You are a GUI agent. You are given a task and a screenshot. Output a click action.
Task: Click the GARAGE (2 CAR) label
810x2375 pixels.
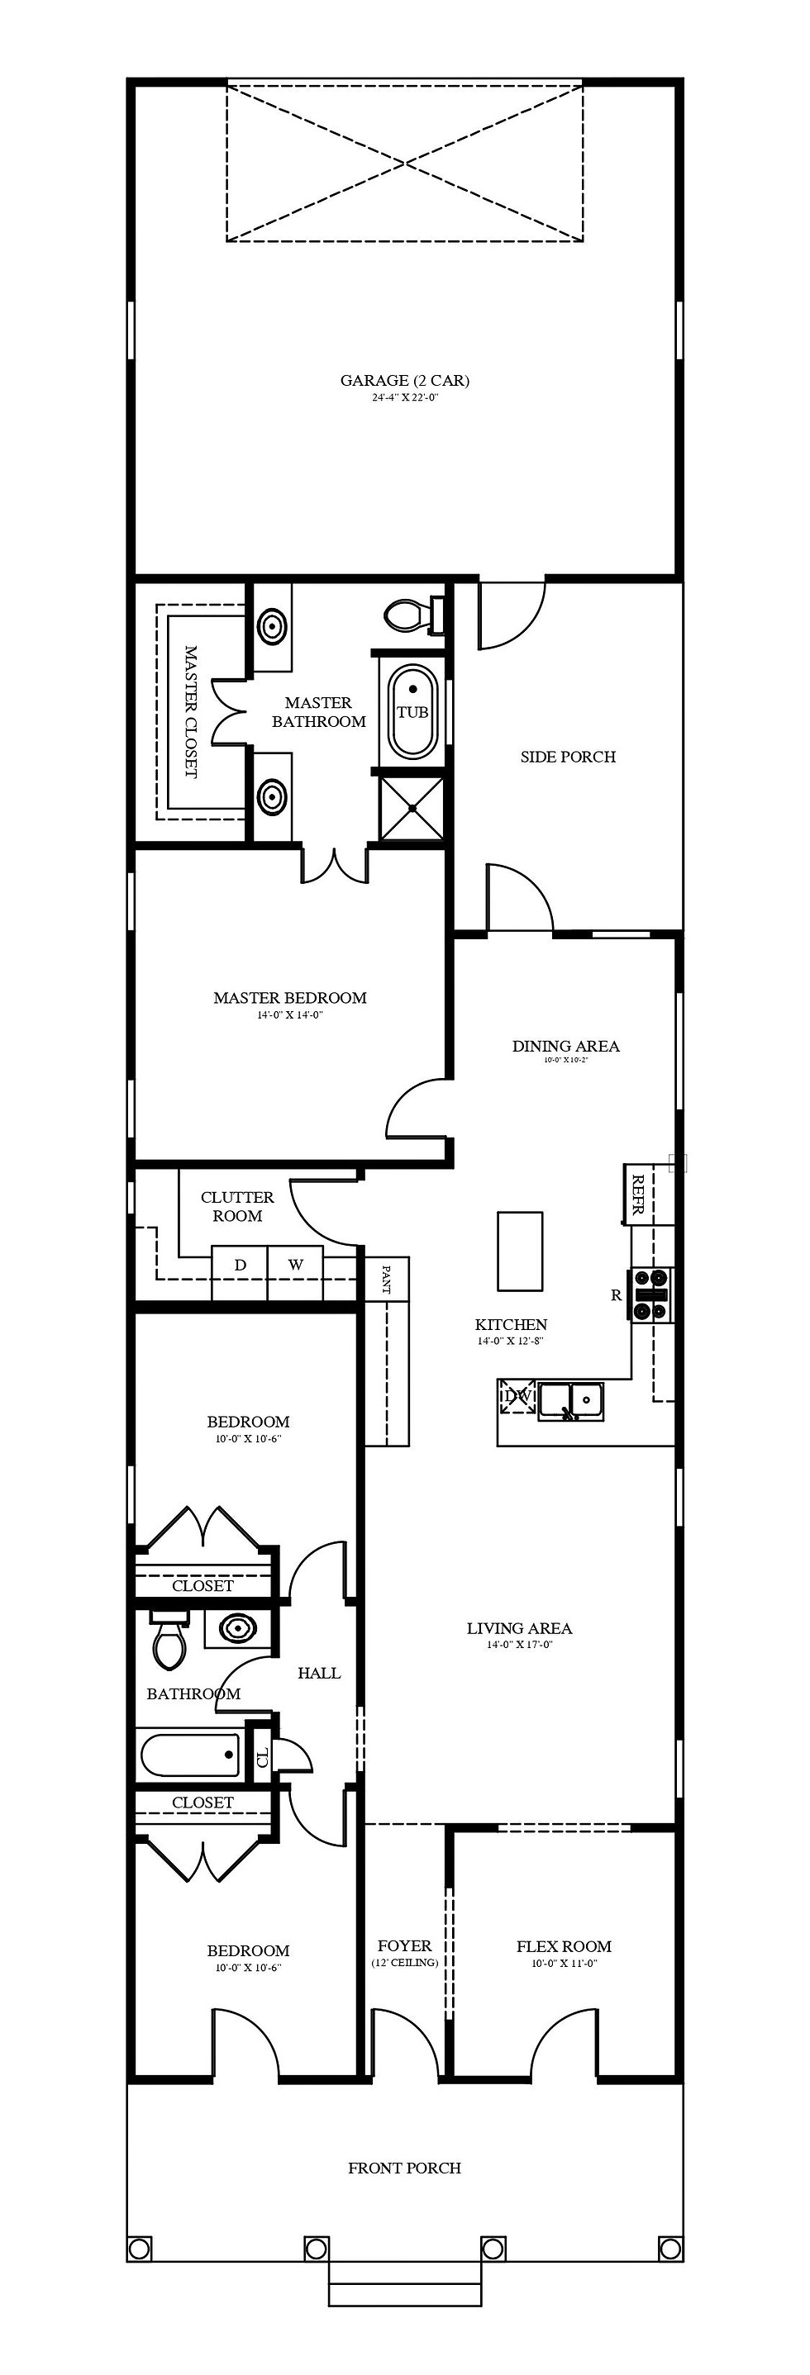click(405, 380)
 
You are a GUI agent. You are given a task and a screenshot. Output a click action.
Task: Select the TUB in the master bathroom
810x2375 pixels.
click(412, 712)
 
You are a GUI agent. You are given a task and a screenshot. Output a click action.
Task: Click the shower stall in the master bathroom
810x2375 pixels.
click(412, 809)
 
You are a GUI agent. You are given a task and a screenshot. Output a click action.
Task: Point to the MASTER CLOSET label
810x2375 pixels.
click(191, 712)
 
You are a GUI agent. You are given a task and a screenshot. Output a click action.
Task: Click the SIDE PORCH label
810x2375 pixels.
click(567, 757)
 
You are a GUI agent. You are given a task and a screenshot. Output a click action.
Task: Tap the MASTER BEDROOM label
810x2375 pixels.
click(289, 998)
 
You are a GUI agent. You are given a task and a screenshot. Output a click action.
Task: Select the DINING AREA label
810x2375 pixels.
click(565, 1046)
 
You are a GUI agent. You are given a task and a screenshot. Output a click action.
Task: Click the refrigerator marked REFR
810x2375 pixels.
click(636, 1195)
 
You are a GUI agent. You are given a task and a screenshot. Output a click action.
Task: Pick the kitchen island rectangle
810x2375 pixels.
click(521, 1252)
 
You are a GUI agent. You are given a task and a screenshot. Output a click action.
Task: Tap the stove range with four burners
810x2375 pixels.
click(652, 1294)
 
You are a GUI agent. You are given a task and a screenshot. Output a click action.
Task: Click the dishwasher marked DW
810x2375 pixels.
click(517, 1396)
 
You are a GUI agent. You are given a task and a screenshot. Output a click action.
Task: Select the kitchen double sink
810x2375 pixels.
click(571, 1399)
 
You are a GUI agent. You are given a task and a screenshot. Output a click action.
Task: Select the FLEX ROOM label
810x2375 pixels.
click(564, 1946)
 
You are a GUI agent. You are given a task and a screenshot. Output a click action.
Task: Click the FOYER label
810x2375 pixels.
click(404, 1945)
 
